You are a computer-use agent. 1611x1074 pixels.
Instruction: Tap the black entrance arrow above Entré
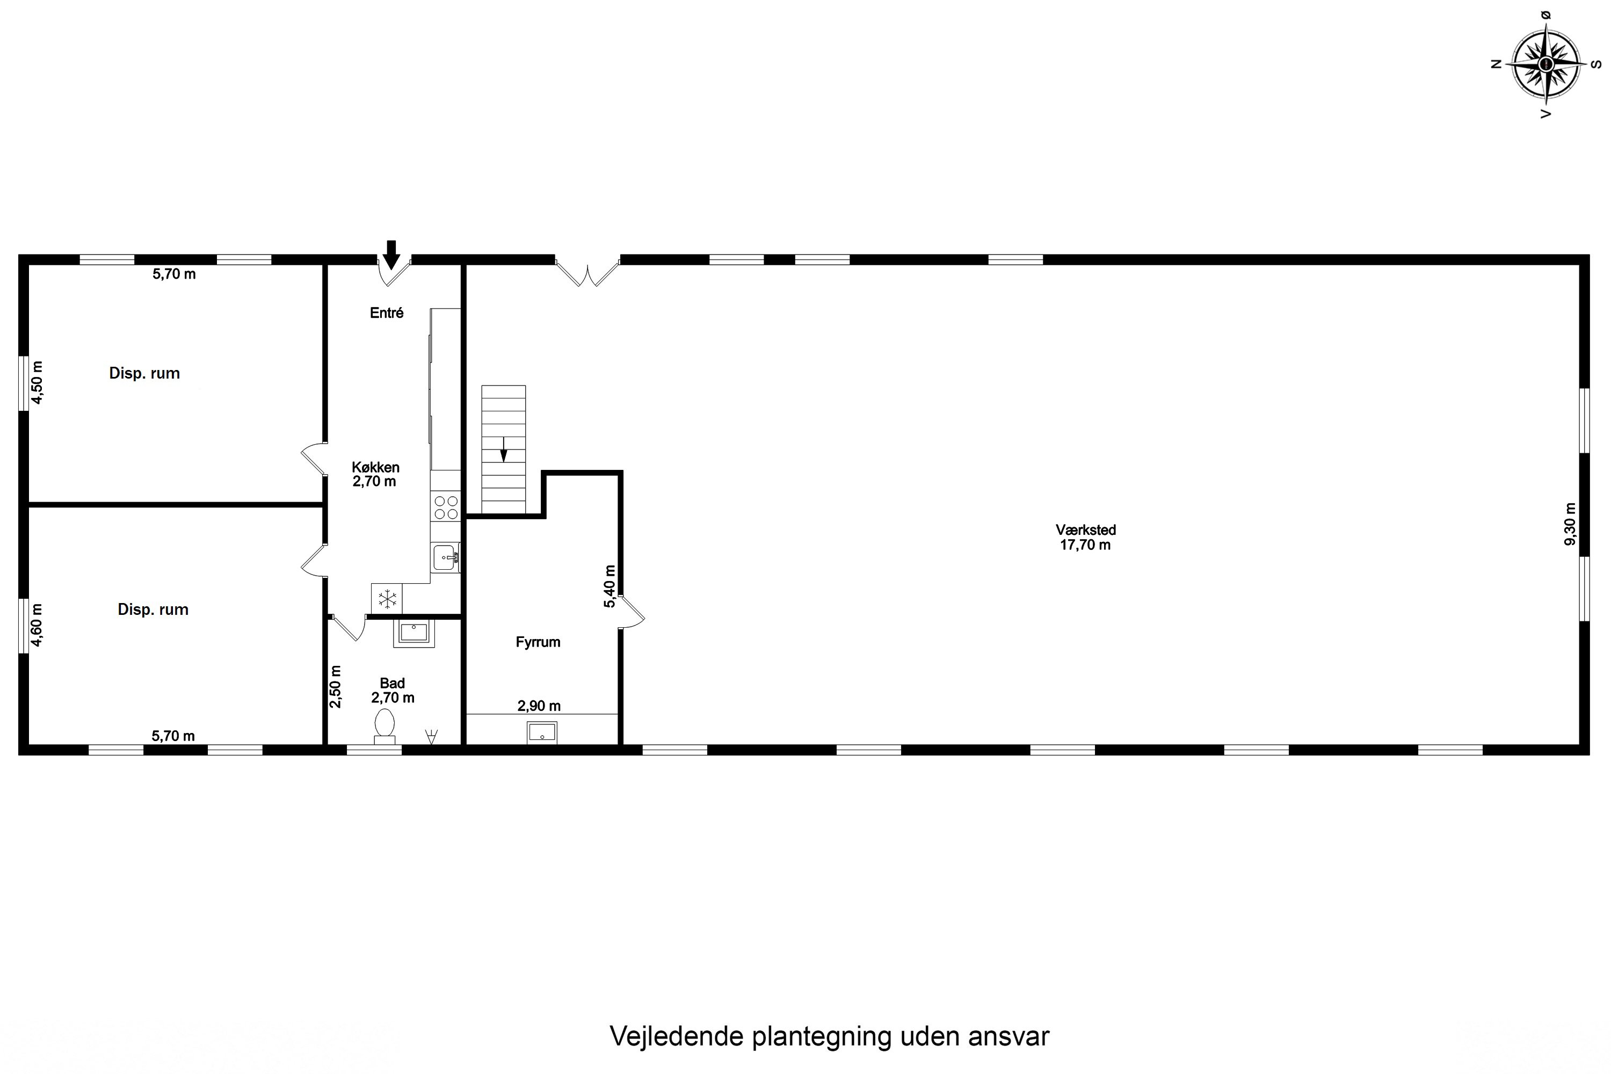pyautogui.click(x=391, y=255)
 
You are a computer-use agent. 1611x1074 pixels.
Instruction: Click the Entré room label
pyautogui.click(x=386, y=313)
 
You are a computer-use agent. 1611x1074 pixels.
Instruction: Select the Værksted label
pyautogui.click(x=1086, y=529)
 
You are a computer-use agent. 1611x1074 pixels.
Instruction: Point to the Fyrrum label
pyautogui.click(x=538, y=642)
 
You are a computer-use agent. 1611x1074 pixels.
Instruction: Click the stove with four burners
pyautogui.click(x=446, y=507)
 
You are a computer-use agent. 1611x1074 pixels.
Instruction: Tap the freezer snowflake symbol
pyautogui.click(x=388, y=599)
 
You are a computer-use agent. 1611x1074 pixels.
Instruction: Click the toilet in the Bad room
pyautogui.click(x=384, y=724)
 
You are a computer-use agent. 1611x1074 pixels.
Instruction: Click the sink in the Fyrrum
pyautogui.click(x=542, y=733)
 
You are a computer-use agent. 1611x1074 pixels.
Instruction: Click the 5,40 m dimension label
pyautogui.click(x=609, y=586)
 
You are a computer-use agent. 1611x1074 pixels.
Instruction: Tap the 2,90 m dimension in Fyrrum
pyautogui.click(x=539, y=706)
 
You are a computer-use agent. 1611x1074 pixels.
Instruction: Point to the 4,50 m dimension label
pyautogui.click(x=37, y=382)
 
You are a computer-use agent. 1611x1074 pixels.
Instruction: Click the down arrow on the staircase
pyautogui.click(x=504, y=450)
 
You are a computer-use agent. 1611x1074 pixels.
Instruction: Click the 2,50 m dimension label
pyautogui.click(x=335, y=686)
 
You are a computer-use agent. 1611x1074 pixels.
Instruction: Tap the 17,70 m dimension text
pyautogui.click(x=1086, y=545)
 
